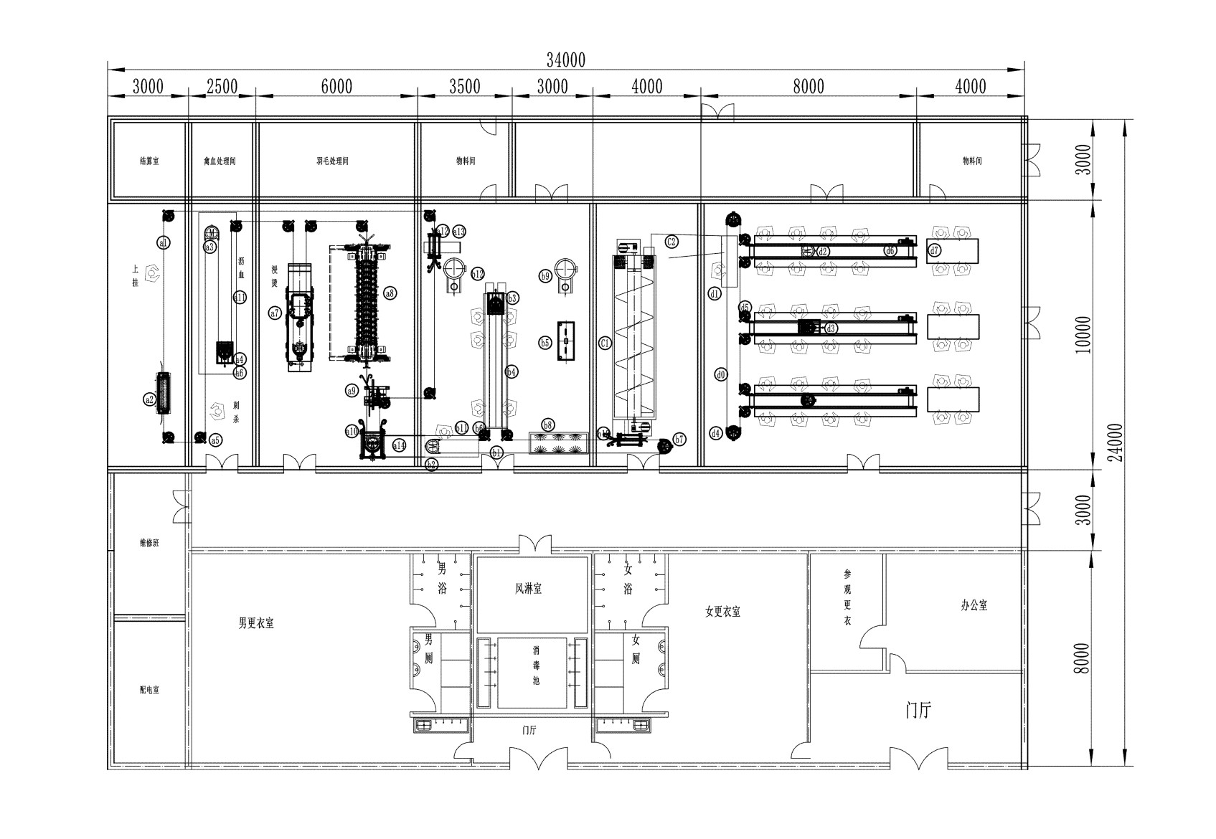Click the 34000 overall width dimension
(565, 60)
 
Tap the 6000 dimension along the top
(336, 87)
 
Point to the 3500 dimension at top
(464, 87)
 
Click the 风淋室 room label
(528, 589)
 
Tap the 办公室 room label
(974, 605)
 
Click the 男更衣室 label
(256, 623)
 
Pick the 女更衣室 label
(722, 612)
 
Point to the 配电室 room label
(149, 690)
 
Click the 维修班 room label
(149, 543)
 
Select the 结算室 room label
(149, 161)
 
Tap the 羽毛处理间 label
(332, 161)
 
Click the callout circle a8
(390, 293)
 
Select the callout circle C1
(605, 343)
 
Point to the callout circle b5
(545, 343)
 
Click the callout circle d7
(934, 250)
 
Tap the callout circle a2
(149, 399)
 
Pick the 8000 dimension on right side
(1083, 658)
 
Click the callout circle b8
(548, 425)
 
